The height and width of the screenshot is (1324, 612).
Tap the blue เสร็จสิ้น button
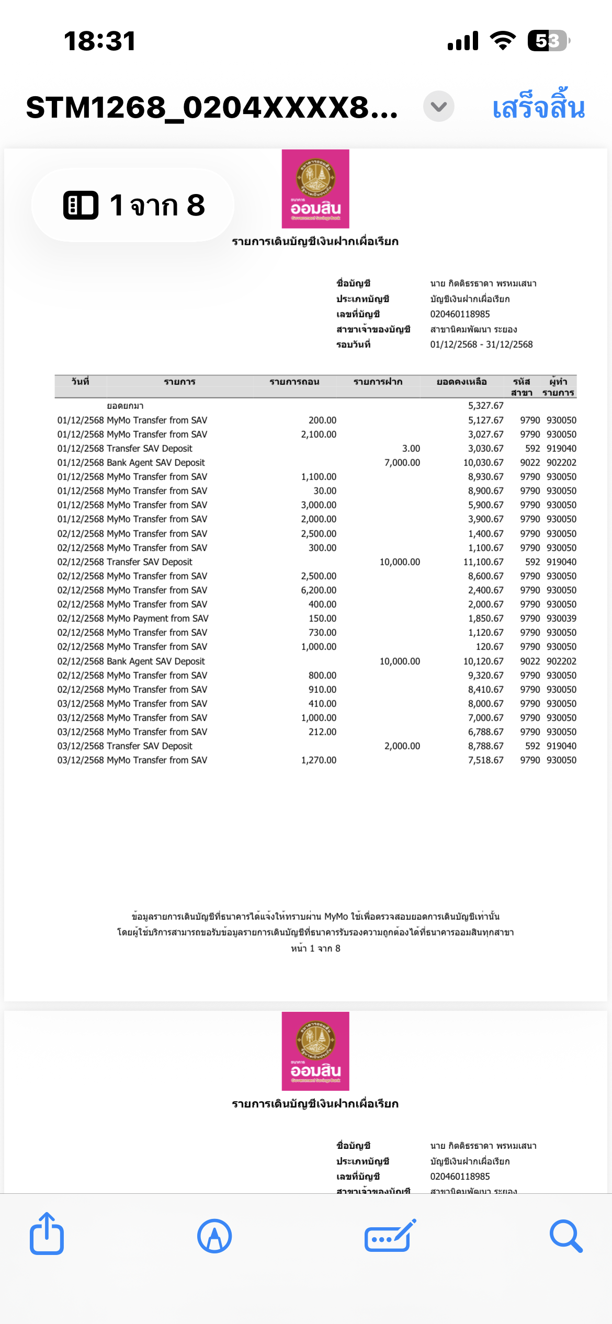(x=538, y=107)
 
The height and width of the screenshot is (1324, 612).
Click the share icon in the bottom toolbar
(x=47, y=1235)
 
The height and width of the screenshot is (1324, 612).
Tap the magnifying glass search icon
(x=565, y=1236)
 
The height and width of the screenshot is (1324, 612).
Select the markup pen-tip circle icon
(x=214, y=1236)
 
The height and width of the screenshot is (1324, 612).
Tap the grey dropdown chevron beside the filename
(x=438, y=107)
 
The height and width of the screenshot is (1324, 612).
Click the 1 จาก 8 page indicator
(x=133, y=205)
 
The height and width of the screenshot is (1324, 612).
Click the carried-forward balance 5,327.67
(x=485, y=406)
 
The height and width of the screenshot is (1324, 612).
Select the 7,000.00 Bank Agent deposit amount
(x=402, y=463)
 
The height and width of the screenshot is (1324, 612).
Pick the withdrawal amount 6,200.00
(x=319, y=590)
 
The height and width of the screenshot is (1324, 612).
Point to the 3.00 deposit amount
(x=411, y=449)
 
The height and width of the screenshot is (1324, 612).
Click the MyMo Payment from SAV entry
(x=157, y=619)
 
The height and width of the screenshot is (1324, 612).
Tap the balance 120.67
(x=490, y=647)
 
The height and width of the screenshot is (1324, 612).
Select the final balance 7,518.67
(x=485, y=760)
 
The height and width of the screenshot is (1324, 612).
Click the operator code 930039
(x=561, y=619)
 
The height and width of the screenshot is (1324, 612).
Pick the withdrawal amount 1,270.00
(x=319, y=760)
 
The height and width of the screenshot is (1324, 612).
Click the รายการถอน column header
(x=294, y=382)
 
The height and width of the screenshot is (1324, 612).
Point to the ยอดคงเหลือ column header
(x=461, y=382)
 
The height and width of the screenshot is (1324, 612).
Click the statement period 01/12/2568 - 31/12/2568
(x=481, y=345)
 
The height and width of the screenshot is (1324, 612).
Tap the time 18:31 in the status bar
(x=99, y=41)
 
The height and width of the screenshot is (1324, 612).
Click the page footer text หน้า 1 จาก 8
(x=315, y=949)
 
